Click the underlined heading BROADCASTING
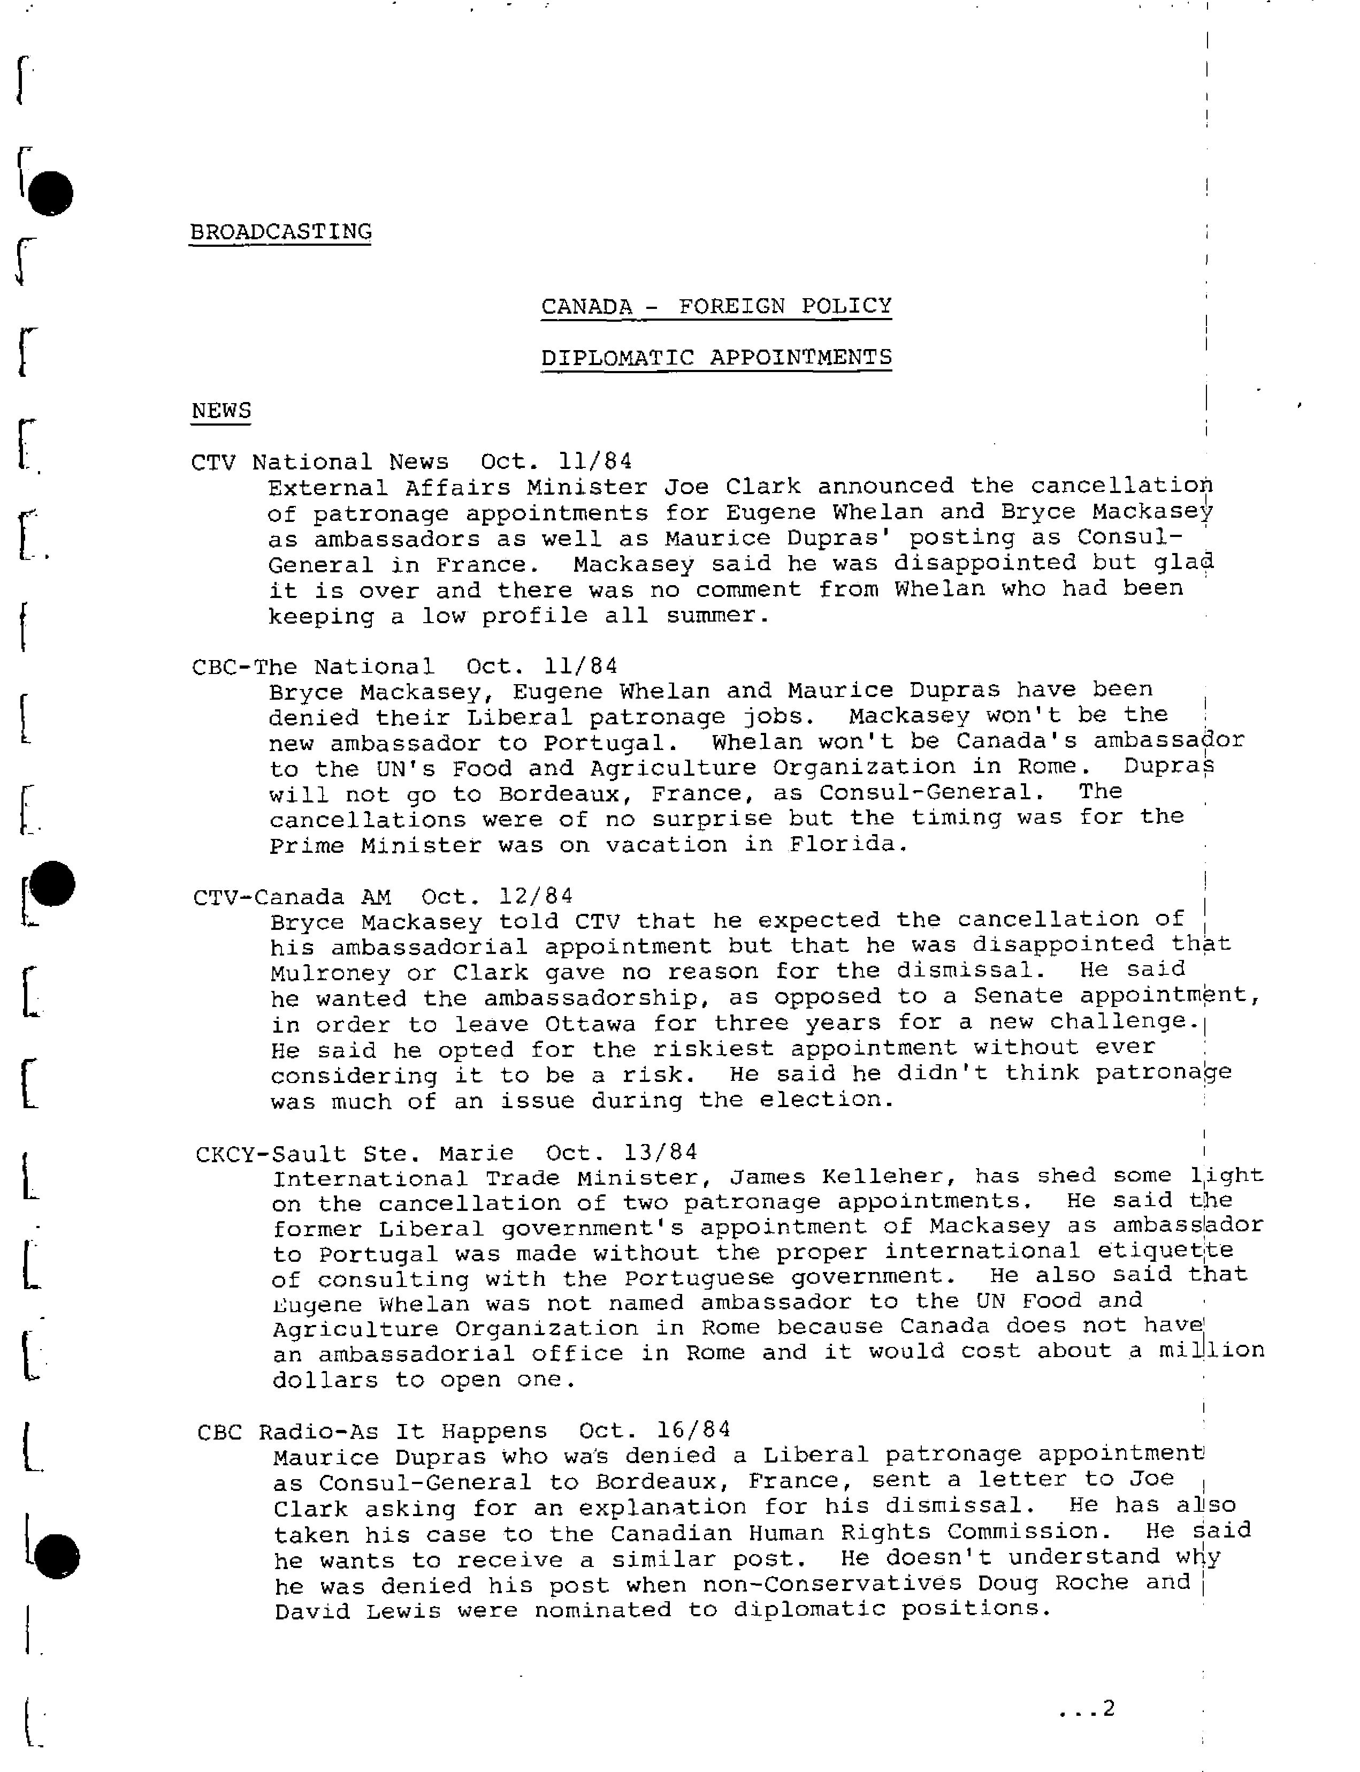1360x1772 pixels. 280,232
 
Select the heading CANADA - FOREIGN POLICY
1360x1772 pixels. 716,306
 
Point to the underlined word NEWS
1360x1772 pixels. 221,411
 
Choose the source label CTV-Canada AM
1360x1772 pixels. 292,897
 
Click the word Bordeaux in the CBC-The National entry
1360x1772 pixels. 559,794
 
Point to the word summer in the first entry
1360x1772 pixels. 713,616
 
